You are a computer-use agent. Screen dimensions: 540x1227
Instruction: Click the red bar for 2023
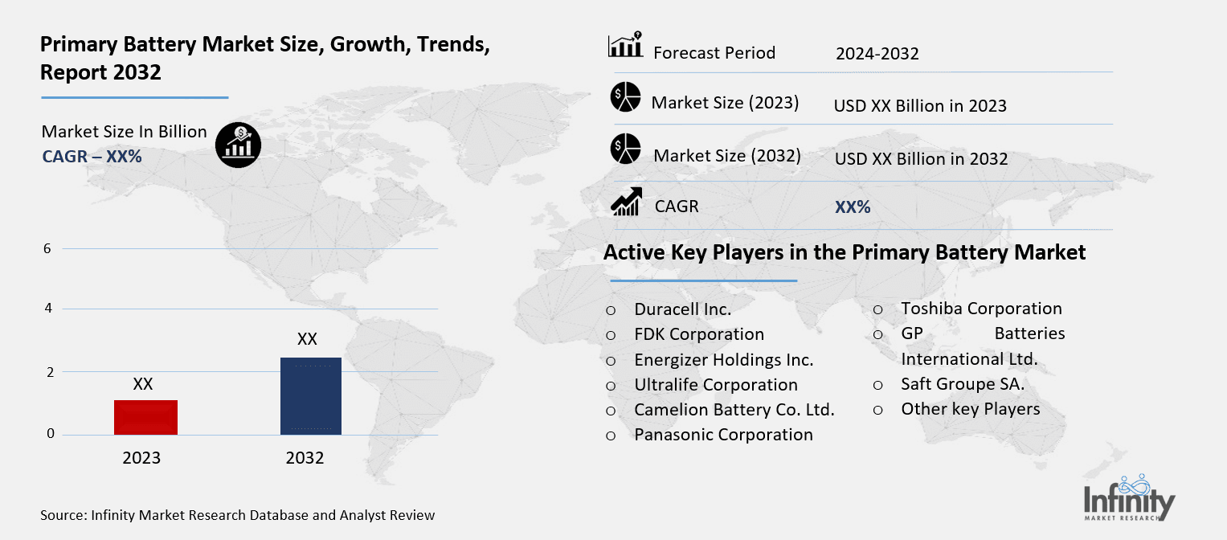click(x=145, y=417)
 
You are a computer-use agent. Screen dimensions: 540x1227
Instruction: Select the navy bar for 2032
click(x=311, y=396)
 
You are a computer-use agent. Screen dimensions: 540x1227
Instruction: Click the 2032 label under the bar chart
click(x=305, y=458)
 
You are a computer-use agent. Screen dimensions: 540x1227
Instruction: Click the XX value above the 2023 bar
click(x=142, y=384)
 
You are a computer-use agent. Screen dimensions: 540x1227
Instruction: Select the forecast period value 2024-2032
click(x=877, y=54)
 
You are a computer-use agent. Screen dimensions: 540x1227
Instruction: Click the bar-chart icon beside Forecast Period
click(x=625, y=46)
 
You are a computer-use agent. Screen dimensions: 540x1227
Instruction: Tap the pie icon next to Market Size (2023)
click(x=625, y=97)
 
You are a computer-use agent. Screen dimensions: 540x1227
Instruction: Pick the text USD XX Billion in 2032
click(x=921, y=159)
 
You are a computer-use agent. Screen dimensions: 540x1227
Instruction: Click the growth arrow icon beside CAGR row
click(x=626, y=202)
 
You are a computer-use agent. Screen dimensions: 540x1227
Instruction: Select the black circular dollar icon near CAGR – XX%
click(x=238, y=145)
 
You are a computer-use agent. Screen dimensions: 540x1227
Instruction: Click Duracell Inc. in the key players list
click(x=682, y=309)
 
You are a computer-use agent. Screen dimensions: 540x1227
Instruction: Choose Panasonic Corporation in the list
click(x=723, y=435)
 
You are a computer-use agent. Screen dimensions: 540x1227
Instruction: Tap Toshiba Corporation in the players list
click(x=981, y=309)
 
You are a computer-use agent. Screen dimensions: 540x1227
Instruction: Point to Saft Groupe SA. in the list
click(x=963, y=384)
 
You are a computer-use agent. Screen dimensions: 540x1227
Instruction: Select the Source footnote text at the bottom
click(x=237, y=515)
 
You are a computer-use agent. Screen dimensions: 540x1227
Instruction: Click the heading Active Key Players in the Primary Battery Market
click(x=845, y=252)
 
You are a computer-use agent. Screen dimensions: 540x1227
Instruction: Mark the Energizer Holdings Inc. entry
click(x=723, y=359)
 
